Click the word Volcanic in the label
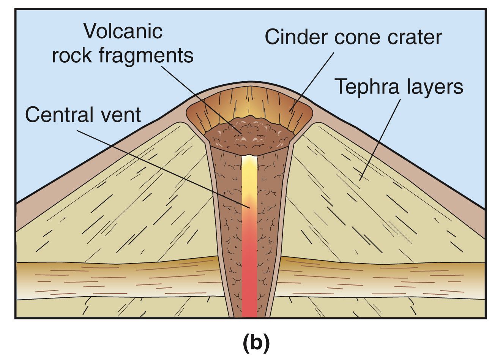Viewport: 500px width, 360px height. (123, 31)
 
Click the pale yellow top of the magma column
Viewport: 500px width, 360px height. (249, 171)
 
